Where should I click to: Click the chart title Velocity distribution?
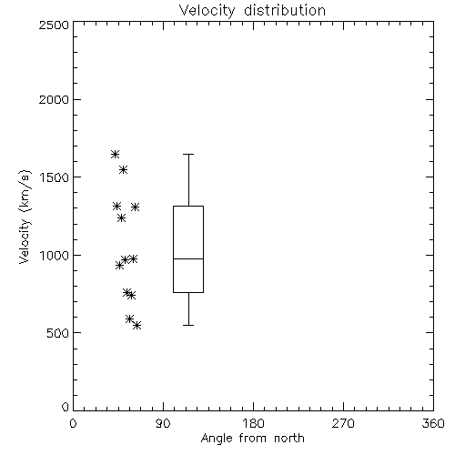[x=252, y=11]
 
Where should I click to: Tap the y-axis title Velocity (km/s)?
[x=25, y=217]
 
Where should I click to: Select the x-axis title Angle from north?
[x=252, y=438]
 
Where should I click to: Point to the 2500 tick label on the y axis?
[x=54, y=25]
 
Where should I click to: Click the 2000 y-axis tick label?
[x=54, y=99]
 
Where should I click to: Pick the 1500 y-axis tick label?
[x=55, y=177]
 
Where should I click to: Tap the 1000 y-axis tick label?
[x=55, y=255]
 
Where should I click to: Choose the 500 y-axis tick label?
[x=58, y=333]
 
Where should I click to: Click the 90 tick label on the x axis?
[x=163, y=423]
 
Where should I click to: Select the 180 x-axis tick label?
[x=253, y=423]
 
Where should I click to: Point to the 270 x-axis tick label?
[x=343, y=423]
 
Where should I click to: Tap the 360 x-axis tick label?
[x=433, y=423]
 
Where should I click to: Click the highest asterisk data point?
[x=115, y=155]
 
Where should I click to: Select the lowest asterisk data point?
[x=137, y=326]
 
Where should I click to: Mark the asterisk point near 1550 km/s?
[x=123, y=169]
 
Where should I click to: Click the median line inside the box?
[x=188, y=258]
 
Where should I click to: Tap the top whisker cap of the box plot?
[x=188, y=155]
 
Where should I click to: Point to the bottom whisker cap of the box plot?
[x=188, y=325]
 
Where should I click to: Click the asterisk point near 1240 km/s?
[x=121, y=218]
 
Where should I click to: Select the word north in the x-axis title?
[x=289, y=438]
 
